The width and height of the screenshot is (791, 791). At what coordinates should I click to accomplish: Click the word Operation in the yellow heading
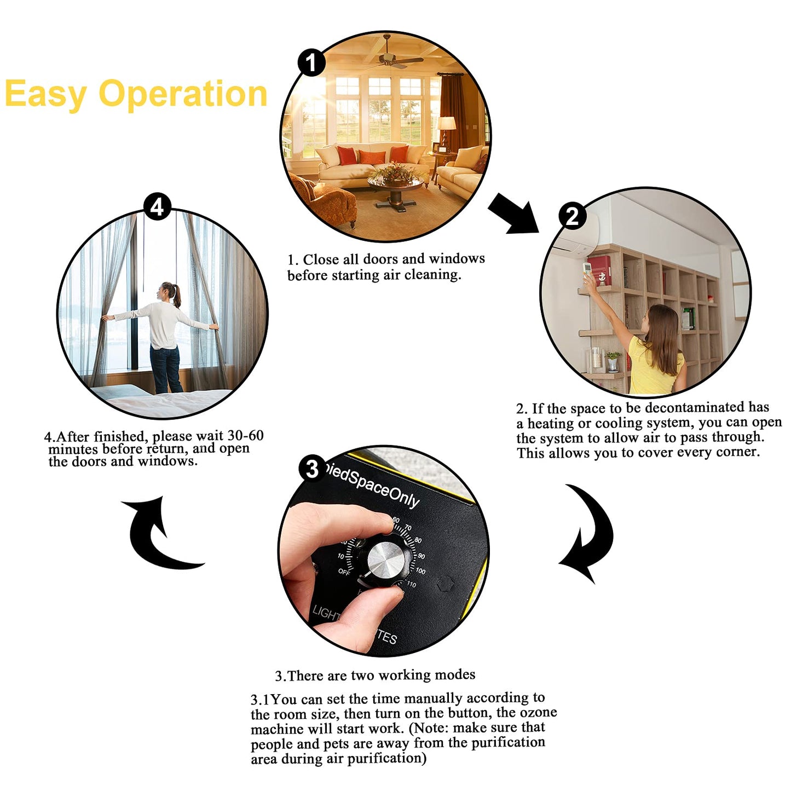(x=183, y=94)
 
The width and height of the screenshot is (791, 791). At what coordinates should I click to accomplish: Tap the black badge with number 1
(x=311, y=62)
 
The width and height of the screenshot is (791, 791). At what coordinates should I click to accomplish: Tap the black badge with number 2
(x=572, y=216)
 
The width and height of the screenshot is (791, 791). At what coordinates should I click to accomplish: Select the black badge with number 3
(x=312, y=469)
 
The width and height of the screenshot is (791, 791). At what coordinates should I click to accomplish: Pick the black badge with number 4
(x=157, y=207)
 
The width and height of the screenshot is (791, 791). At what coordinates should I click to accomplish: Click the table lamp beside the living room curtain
(x=447, y=129)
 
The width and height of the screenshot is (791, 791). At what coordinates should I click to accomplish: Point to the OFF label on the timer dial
(x=344, y=571)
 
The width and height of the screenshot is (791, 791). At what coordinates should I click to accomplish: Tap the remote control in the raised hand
(x=588, y=269)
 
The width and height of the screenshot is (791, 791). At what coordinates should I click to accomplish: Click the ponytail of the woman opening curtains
(x=177, y=296)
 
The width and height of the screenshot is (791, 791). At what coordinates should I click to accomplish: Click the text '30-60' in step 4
(x=245, y=436)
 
